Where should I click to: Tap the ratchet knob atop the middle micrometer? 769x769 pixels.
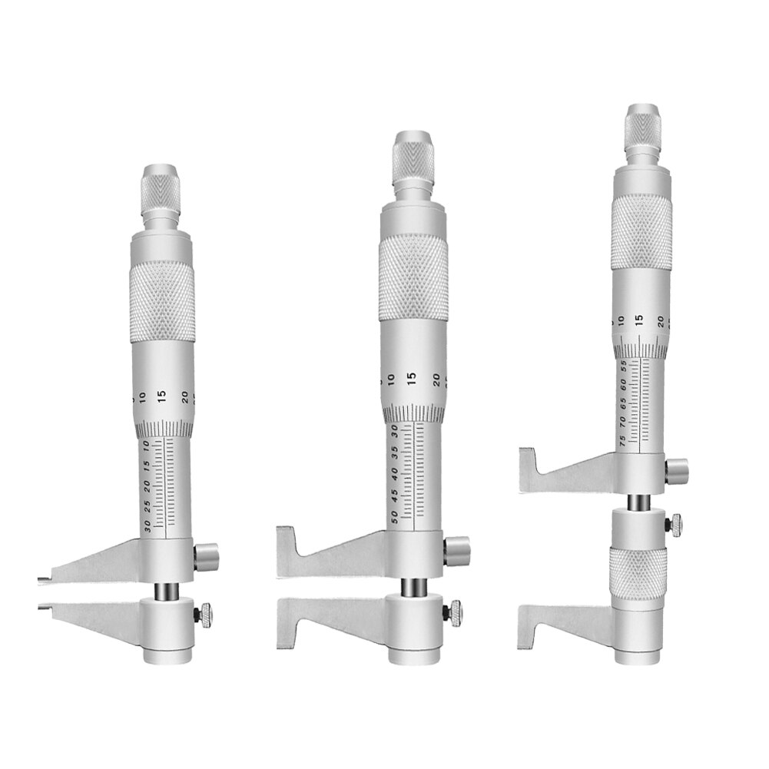(416, 157)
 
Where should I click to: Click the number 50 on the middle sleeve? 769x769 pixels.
(395, 513)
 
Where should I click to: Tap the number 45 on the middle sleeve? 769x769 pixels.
(395, 491)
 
